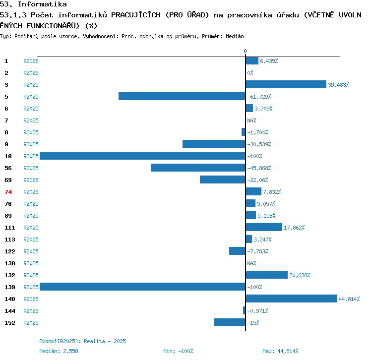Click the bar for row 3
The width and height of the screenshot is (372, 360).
(x=286, y=85)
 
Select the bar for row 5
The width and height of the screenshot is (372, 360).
(x=182, y=97)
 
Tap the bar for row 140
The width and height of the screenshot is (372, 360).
(x=291, y=299)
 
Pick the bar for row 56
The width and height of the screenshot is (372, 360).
(x=198, y=168)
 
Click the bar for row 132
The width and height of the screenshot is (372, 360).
(x=266, y=275)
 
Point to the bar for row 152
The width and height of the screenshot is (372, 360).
(x=230, y=323)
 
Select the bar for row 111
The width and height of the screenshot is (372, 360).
(x=264, y=228)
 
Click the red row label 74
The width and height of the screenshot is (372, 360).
(x=8, y=192)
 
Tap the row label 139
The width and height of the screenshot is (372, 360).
(x=9, y=287)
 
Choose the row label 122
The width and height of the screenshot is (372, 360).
(x=9, y=251)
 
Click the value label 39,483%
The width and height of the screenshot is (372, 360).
(x=338, y=85)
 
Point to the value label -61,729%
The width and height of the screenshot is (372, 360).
(x=259, y=97)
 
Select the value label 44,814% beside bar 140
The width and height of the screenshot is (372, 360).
(x=349, y=299)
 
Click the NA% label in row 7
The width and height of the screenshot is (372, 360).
(x=251, y=120)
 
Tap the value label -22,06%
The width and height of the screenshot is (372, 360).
(x=257, y=180)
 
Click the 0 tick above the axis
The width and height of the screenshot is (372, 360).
(x=245, y=52)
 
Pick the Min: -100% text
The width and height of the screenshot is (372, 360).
(x=178, y=351)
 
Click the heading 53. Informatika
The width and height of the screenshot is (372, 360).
(x=33, y=4)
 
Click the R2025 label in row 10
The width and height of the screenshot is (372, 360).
(x=31, y=156)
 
